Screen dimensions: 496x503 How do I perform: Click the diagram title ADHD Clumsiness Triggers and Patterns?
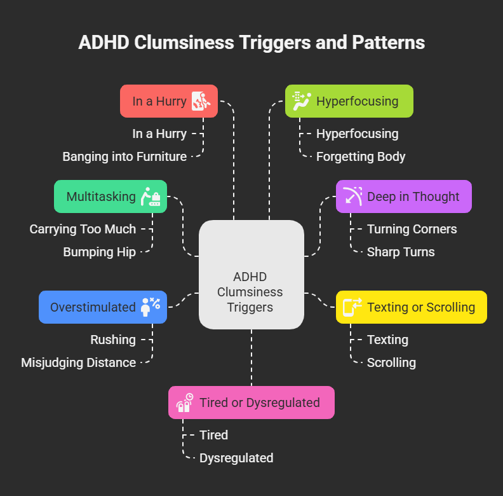(x=251, y=43)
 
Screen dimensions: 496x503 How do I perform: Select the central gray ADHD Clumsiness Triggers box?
(x=251, y=275)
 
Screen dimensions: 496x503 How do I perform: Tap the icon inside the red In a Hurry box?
(x=201, y=101)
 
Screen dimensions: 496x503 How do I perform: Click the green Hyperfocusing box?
(x=349, y=101)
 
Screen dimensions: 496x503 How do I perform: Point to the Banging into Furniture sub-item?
(x=124, y=156)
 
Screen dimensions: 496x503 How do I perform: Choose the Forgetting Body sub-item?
(x=361, y=156)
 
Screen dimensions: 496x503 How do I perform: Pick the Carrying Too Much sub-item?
(x=83, y=229)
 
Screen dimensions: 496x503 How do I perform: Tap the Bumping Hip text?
(x=99, y=252)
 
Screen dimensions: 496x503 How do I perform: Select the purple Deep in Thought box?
(x=403, y=196)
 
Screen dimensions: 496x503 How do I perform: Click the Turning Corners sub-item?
(x=412, y=229)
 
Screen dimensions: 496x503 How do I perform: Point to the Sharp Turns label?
(x=401, y=252)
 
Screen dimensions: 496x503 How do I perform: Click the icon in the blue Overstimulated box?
(x=151, y=307)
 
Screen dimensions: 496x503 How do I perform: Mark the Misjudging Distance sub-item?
(x=78, y=362)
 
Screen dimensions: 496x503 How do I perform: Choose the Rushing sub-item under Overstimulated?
(x=113, y=340)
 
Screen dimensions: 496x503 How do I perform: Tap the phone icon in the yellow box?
(x=352, y=307)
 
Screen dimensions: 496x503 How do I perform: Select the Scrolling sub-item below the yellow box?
(x=391, y=362)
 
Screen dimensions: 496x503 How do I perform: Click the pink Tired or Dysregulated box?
(x=251, y=403)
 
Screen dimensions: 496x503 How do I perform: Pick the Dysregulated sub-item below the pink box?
(x=236, y=458)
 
